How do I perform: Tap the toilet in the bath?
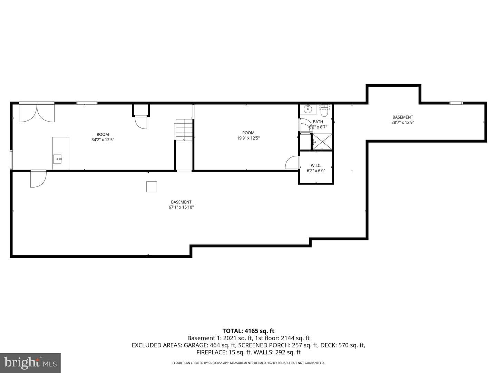324,111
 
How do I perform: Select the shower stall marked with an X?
322,142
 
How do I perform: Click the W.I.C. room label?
316,165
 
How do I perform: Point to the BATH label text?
318,122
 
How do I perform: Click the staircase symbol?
184,130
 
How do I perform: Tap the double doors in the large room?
37,112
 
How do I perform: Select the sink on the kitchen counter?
58,159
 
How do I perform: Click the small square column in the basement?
152,187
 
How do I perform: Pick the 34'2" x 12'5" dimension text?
103,140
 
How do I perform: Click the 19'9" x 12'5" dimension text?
248,138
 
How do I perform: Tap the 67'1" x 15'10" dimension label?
181,207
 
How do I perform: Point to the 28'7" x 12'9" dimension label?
402,123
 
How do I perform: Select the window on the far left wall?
11,160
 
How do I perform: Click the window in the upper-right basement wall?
456,103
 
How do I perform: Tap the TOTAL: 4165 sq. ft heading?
248,331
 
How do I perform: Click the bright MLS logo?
30,363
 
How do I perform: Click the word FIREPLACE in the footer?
212,352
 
